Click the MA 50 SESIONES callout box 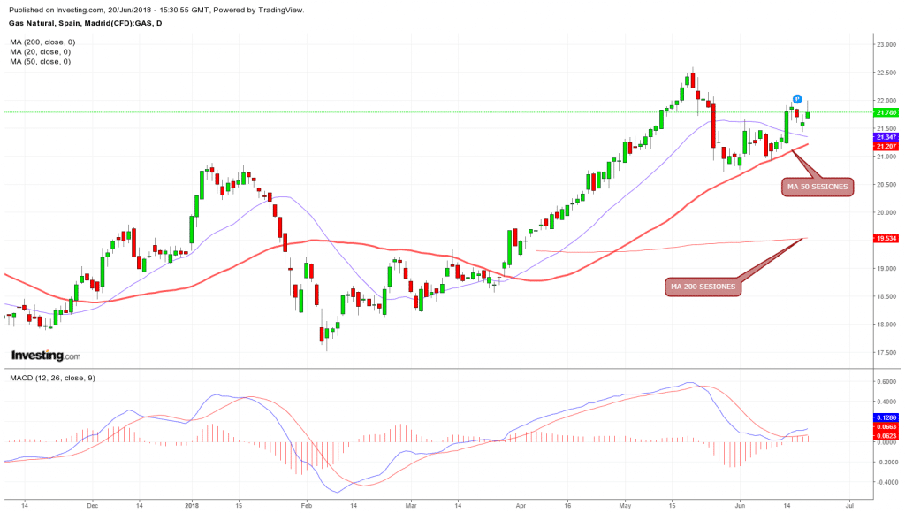(817, 187)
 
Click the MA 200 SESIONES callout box (703, 286)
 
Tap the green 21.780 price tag (886, 112)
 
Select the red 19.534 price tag (886, 238)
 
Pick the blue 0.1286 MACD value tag (886, 417)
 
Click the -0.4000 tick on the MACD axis (886, 483)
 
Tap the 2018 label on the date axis (192, 504)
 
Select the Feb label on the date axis (306, 504)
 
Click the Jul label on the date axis (850, 504)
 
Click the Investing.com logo (45, 356)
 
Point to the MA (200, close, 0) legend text (42, 42)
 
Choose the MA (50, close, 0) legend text (41, 61)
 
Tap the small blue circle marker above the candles (796, 99)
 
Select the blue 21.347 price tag (886, 137)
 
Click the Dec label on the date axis (93, 504)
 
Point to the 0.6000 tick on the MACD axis (886, 381)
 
